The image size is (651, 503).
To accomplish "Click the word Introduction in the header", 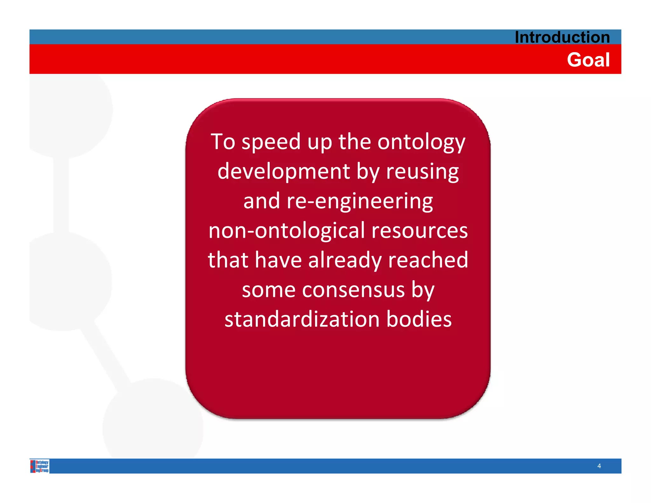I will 562,37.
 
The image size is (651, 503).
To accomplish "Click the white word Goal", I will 588,60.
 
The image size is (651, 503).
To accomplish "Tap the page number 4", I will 599,466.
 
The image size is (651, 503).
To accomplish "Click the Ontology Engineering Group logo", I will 40,466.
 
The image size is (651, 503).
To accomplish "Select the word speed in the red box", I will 271,142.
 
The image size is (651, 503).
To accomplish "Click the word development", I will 284,172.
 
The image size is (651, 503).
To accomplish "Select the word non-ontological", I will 286,231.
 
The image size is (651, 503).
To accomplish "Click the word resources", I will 420,231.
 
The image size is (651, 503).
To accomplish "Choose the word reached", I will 428,260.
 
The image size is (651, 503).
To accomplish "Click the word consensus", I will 353,290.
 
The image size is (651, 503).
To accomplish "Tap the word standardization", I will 302,319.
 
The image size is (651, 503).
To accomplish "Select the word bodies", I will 419,319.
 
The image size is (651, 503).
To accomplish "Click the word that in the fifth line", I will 228,260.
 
